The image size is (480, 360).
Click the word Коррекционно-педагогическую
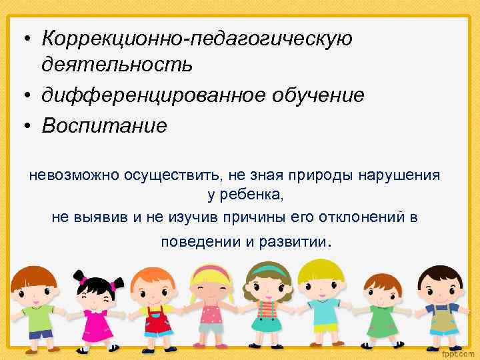click(197, 39)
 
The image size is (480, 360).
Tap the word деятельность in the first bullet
click(117, 65)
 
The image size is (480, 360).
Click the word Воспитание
click(103, 126)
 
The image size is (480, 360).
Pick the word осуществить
click(175, 175)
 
